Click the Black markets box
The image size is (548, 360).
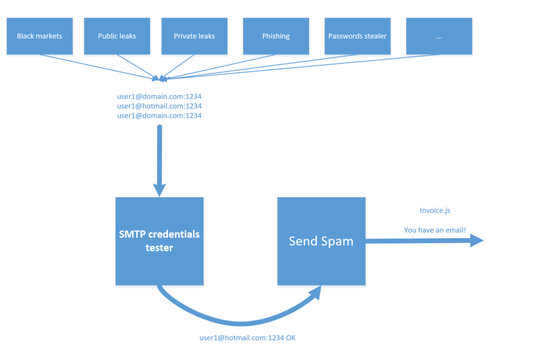tap(39, 36)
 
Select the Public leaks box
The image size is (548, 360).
tap(117, 36)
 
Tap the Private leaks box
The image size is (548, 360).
tap(194, 36)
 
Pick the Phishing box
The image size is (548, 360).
tap(276, 36)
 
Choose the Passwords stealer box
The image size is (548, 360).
tap(357, 36)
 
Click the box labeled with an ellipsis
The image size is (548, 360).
tap(439, 36)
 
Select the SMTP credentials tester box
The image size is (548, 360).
tap(160, 241)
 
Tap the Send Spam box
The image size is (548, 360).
tap(322, 241)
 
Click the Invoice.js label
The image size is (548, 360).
tap(435, 210)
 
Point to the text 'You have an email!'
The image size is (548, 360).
tap(435, 230)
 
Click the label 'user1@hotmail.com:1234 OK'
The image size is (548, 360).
tap(247, 338)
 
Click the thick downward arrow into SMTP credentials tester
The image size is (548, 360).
tap(160, 161)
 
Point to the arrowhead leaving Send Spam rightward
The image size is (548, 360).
tap(477, 240)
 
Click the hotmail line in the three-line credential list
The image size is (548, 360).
tap(160, 106)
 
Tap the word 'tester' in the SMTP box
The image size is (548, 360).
tap(160, 248)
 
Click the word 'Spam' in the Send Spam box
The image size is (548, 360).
tap(337, 242)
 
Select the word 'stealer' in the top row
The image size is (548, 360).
tap(375, 36)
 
